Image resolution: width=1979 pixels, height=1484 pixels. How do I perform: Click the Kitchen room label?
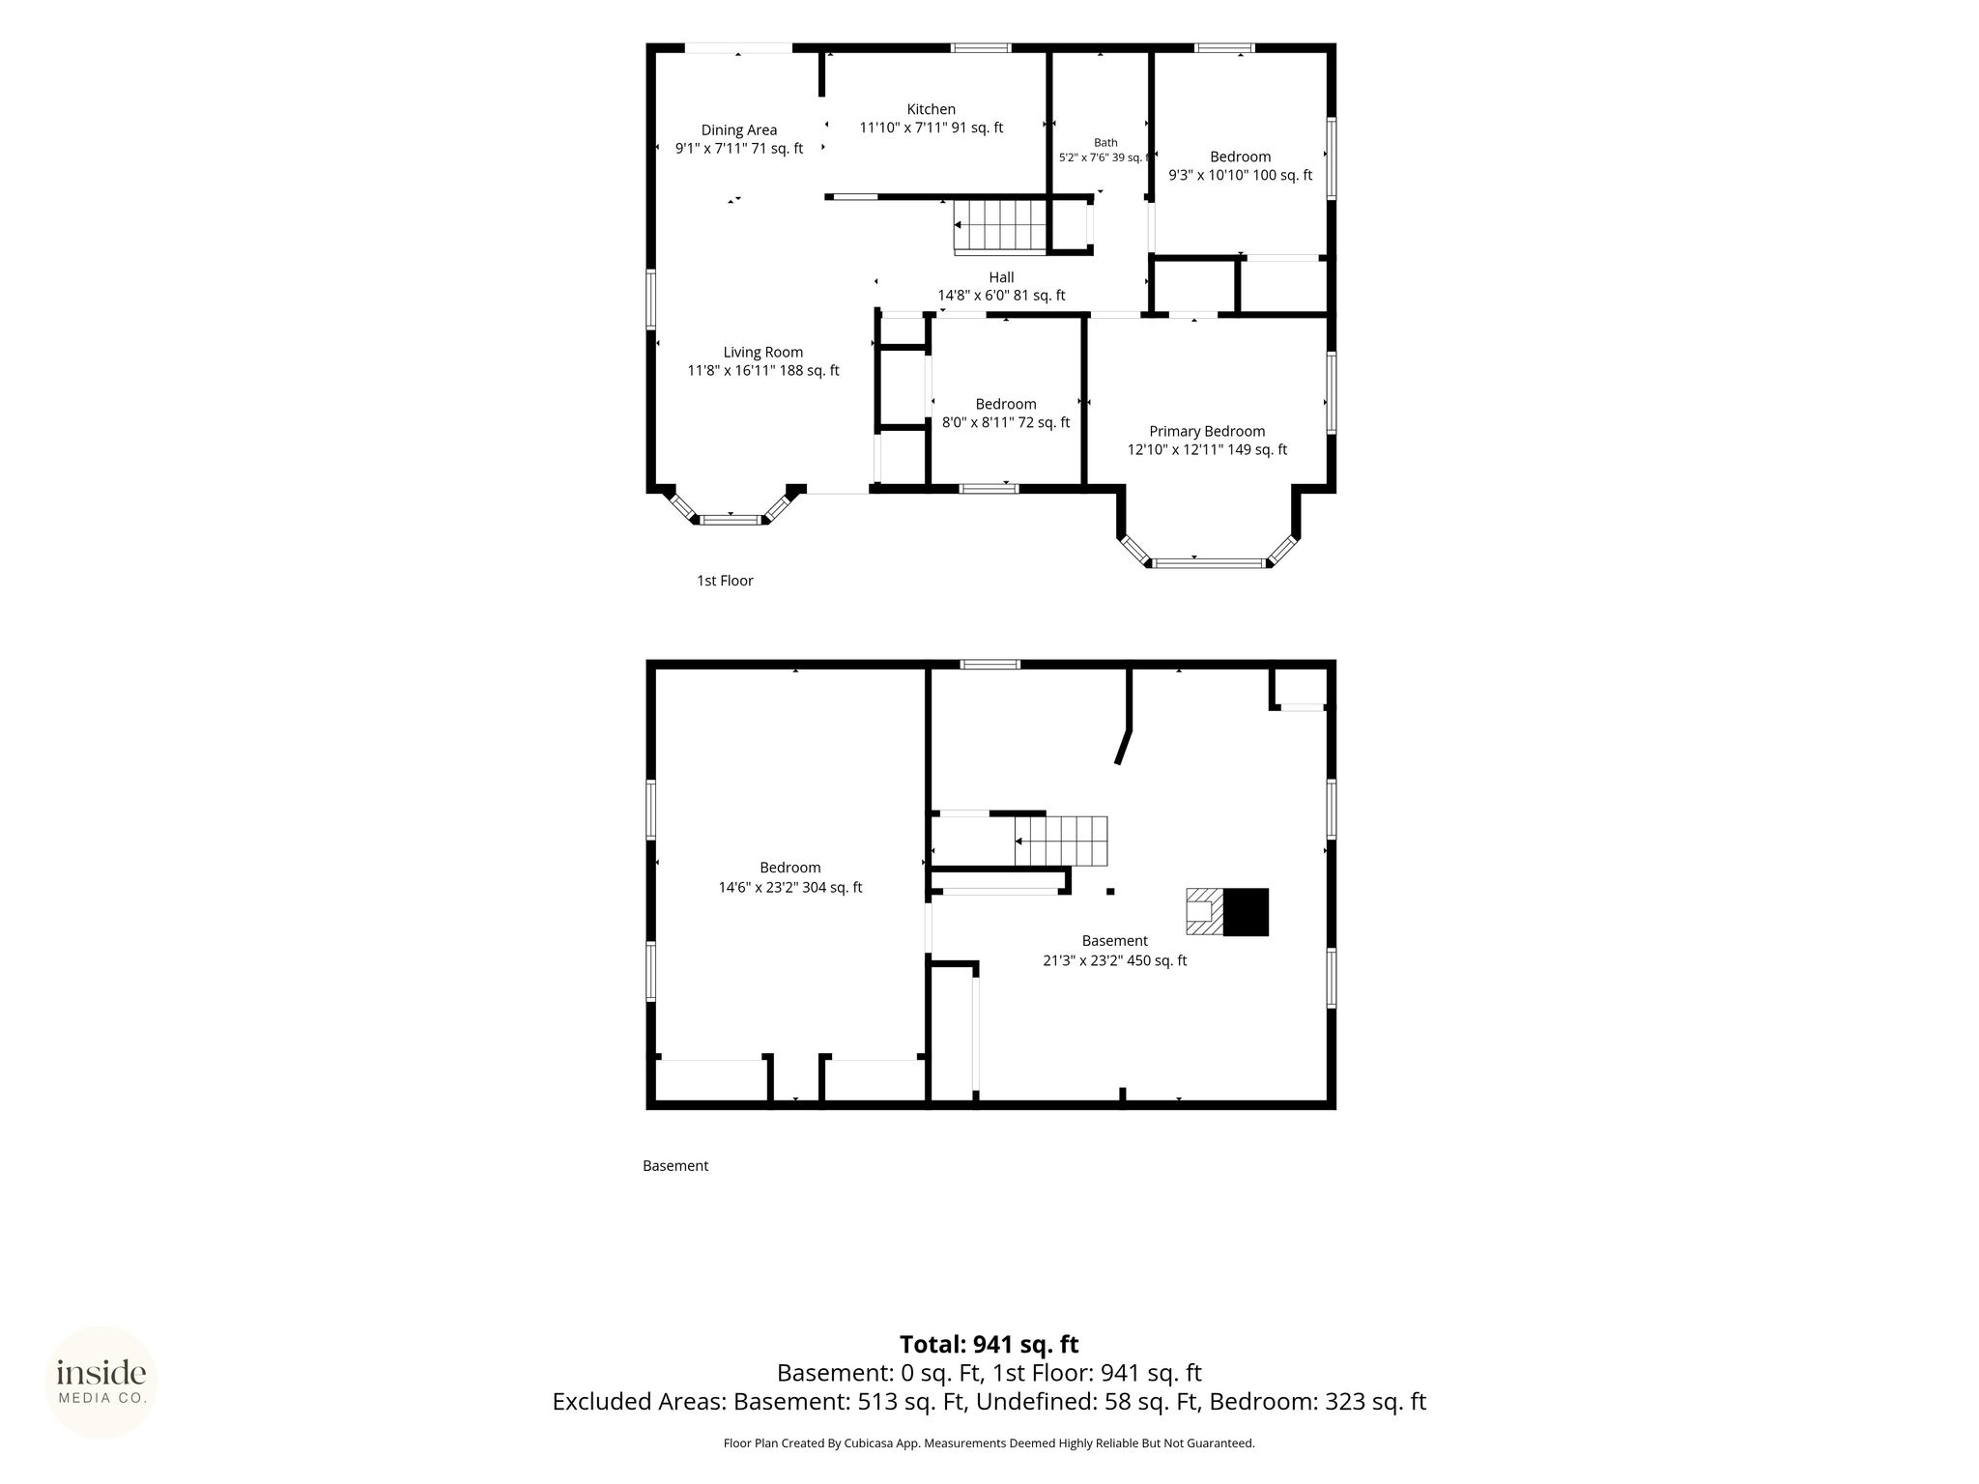[931, 109]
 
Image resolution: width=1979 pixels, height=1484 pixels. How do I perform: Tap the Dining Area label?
[739, 130]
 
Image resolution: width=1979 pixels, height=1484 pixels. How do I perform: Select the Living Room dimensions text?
[763, 371]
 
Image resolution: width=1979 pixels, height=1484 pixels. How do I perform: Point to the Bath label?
[1105, 143]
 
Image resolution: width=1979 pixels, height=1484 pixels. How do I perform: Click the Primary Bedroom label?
[1207, 432]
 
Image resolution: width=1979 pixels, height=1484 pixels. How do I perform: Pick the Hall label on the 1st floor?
[1001, 277]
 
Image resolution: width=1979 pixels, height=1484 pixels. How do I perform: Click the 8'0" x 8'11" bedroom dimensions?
[1006, 422]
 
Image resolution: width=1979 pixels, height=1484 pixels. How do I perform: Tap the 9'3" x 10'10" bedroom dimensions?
[1241, 175]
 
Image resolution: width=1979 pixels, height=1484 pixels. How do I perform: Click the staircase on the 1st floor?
[1001, 225]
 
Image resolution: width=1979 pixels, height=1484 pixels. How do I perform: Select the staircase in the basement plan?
[1060, 841]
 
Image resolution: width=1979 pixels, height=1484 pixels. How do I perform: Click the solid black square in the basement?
[1246, 912]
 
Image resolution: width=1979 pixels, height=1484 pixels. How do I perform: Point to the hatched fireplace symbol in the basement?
[1205, 912]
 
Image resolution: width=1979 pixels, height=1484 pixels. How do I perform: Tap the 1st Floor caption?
[725, 581]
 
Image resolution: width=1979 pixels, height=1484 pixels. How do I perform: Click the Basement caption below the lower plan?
[675, 1166]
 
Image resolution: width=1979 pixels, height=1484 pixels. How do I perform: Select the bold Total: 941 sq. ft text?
[989, 1344]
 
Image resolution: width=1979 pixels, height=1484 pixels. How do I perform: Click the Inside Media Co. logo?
[101, 1383]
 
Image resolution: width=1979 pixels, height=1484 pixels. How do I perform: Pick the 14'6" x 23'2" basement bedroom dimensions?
[790, 887]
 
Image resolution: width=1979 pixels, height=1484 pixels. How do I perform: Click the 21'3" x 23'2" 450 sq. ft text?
[1115, 960]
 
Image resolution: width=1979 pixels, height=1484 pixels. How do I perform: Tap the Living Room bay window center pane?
[730, 520]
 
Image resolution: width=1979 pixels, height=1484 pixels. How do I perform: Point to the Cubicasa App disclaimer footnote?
[989, 1443]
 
